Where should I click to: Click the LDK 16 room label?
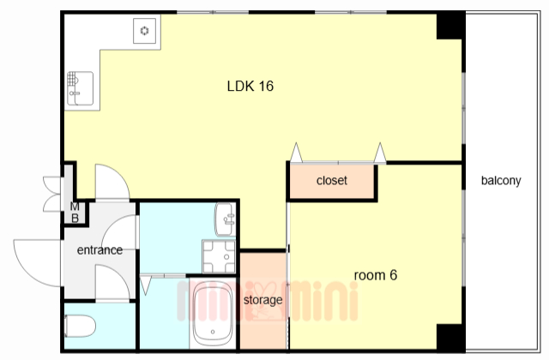point(250,86)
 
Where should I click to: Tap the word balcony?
point(501,181)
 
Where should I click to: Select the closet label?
point(332,181)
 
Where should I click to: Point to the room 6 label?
point(376,275)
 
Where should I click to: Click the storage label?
point(263,300)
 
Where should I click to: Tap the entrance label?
point(100,250)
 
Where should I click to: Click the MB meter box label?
point(75,213)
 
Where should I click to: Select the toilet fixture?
point(80,326)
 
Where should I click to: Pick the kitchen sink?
point(80,88)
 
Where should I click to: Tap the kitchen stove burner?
point(145,31)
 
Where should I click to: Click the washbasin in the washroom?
point(225,219)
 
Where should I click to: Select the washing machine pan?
point(219,256)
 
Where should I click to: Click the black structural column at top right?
point(451,25)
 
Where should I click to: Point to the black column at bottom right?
point(451,337)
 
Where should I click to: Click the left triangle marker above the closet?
point(297,153)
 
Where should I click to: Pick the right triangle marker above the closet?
point(380,153)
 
